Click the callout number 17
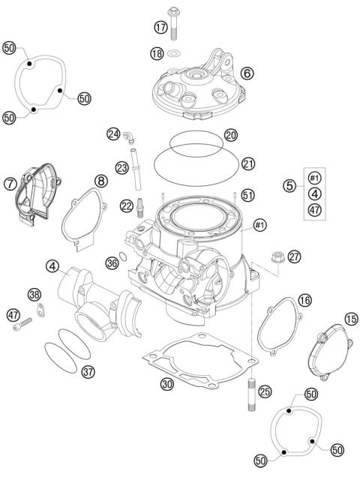pyautogui.click(x=160, y=27)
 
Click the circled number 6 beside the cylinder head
pyautogui.click(x=247, y=73)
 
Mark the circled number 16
pyautogui.click(x=304, y=300)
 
